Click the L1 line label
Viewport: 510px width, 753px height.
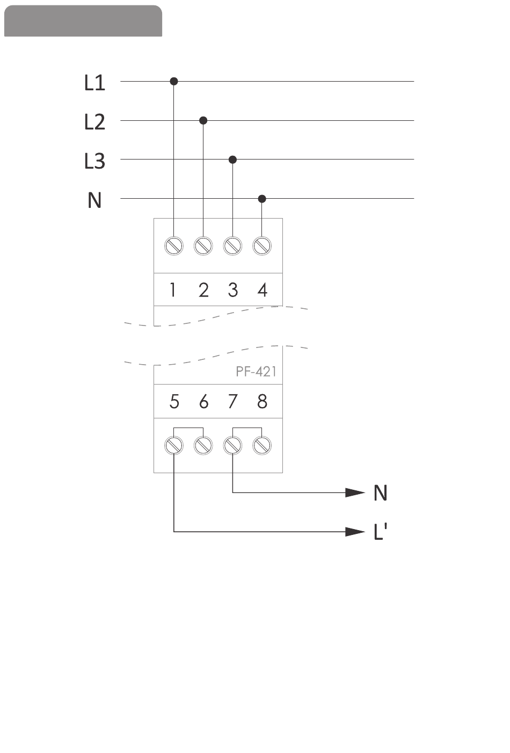pyautogui.click(x=94, y=83)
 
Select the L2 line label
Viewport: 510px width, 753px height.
pyautogui.click(x=94, y=122)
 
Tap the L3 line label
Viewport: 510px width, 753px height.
pyautogui.click(x=94, y=161)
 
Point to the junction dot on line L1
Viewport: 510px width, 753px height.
pyautogui.click(x=173, y=81)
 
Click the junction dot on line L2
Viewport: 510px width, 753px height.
pyautogui.click(x=203, y=120)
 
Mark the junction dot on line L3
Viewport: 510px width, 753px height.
pyautogui.click(x=232, y=160)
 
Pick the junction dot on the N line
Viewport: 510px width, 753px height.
pyautogui.click(x=262, y=199)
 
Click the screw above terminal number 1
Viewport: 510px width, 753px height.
pyautogui.click(x=173, y=245)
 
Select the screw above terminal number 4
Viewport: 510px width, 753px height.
pyautogui.click(x=262, y=245)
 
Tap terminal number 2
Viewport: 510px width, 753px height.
pyautogui.click(x=203, y=290)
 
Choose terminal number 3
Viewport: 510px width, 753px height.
pyautogui.click(x=232, y=290)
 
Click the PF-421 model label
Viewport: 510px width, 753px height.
pyautogui.click(x=256, y=372)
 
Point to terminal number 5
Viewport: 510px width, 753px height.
pyautogui.click(x=174, y=401)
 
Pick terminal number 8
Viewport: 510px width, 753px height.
pyautogui.click(x=262, y=401)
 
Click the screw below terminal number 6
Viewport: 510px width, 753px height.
pyautogui.click(x=203, y=445)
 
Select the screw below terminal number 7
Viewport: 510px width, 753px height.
pyautogui.click(x=232, y=445)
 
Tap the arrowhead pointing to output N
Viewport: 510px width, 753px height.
pyautogui.click(x=355, y=493)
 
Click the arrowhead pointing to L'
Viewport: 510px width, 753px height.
pyautogui.click(x=355, y=532)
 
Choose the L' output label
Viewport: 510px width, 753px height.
pyautogui.click(x=380, y=532)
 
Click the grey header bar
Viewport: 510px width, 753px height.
pyautogui.click(x=83, y=21)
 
